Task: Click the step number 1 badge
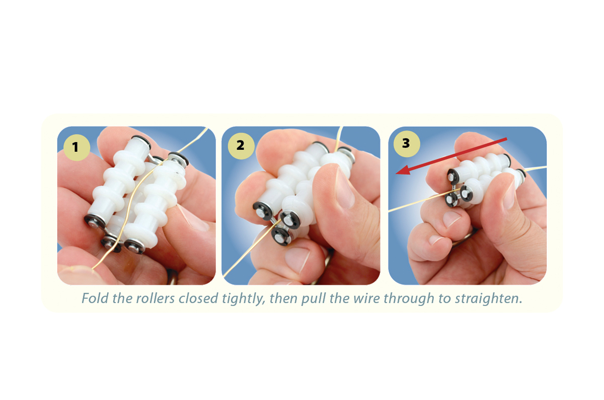tap(75, 147)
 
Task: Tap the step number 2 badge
tap(240, 145)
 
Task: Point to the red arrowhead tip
tap(397, 174)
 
